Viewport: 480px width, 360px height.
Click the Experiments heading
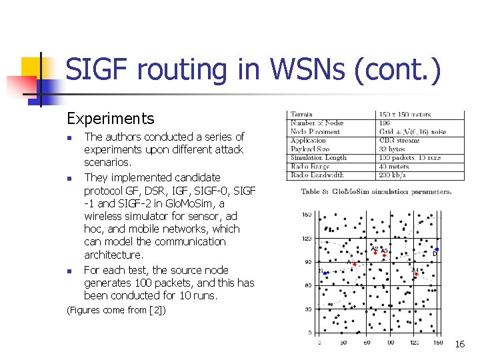pyautogui.click(x=110, y=119)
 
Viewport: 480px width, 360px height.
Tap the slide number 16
pyautogui.click(x=459, y=344)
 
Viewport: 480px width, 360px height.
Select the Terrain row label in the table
pyautogui.click(x=302, y=115)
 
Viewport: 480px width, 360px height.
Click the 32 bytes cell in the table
pyautogui.click(x=392, y=149)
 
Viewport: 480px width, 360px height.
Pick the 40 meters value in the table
pyautogui.click(x=394, y=167)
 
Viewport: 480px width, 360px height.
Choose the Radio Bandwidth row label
pyautogui.click(x=317, y=175)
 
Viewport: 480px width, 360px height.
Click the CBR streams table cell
pyautogui.click(x=400, y=141)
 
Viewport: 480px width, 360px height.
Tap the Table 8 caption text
pyautogui.click(x=376, y=191)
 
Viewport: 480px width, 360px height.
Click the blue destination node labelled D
pyautogui.click(x=436, y=249)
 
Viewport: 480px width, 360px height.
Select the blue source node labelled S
pyautogui.click(x=325, y=273)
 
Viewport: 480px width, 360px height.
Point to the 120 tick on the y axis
pyautogui.click(x=307, y=238)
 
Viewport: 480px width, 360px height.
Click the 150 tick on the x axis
pyautogui.click(x=437, y=342)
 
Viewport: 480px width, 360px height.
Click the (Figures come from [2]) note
pyautogui.click(x=117, y=310)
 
